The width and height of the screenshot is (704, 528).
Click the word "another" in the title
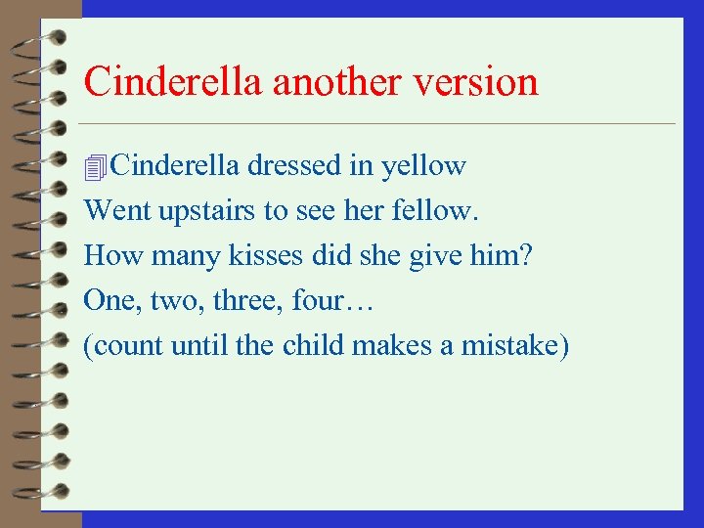pos(336,81)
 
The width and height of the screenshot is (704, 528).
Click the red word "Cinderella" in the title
pos(174,81)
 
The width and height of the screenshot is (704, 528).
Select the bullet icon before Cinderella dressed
pos(95,168)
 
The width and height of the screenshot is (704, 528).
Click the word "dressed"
pos(293,166)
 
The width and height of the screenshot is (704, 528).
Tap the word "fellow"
pos(437,210)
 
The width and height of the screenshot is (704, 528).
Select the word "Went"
pos(110,210)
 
